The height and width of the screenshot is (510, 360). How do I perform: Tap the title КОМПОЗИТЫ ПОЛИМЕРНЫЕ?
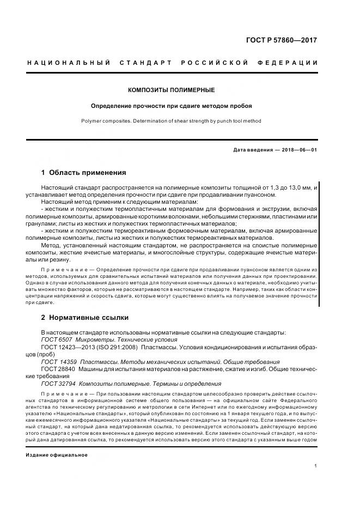[171, 89]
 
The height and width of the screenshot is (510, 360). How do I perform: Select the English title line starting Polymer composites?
[171, 121]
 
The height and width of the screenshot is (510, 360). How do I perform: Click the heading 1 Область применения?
[83, 173]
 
